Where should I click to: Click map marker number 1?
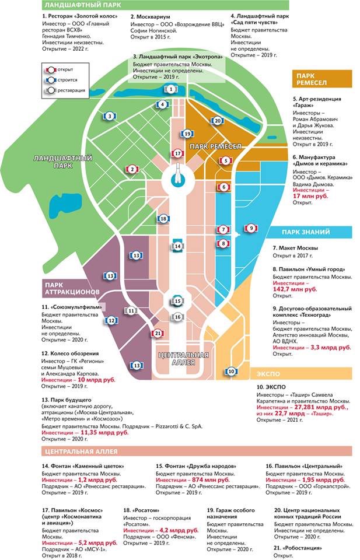[170, 89]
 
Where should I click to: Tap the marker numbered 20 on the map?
[217, 121]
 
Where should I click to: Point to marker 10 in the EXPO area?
[231, 371]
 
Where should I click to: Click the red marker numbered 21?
[158, 333]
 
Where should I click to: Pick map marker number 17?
[179, 153]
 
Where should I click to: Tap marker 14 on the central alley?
[178, 246]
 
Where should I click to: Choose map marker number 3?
[109, 116]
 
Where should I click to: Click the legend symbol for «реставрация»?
[51, 90]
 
